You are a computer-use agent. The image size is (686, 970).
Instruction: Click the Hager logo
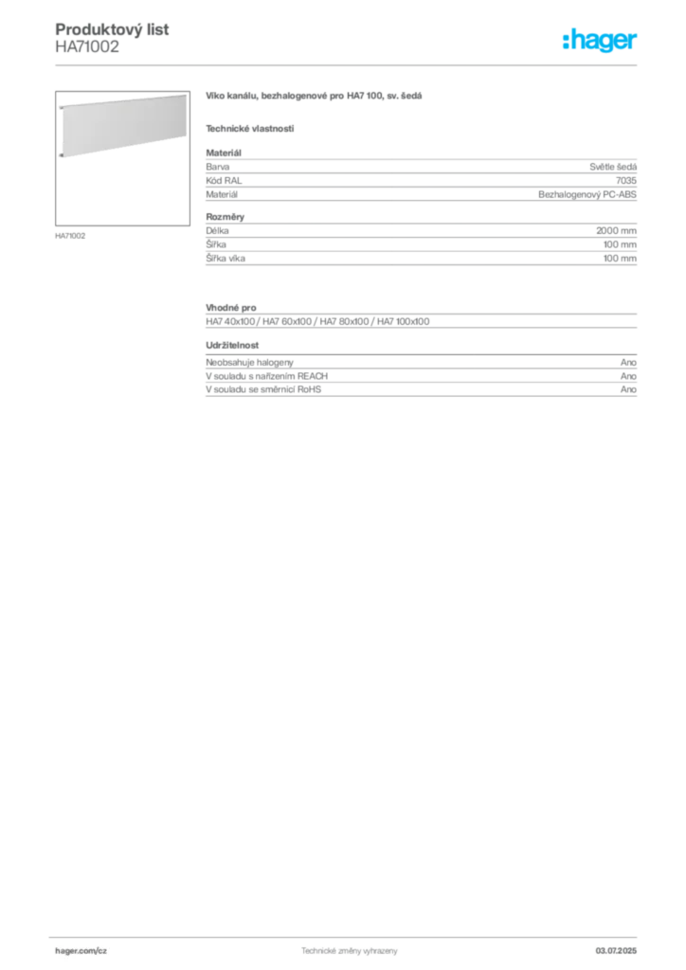pyautogui.click(x=600, y=40)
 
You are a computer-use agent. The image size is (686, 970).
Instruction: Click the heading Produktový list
pyautogui.click(x=112, y=29)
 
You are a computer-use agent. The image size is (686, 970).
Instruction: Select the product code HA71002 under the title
pyautogui.click(x=87, y=47)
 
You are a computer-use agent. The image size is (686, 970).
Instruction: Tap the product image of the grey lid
pyautogui.click(x=122, y=158)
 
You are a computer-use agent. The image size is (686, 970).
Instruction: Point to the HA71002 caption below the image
pyautogui.click(x=70, y=236)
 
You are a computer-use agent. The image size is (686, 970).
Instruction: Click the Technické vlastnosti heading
pyautogui.click(x=250, y=129)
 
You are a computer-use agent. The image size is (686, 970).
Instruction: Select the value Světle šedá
pyautogui.click(x=613, y=167)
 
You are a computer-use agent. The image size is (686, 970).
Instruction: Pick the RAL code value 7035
pyautogui.click(x=626, y=181)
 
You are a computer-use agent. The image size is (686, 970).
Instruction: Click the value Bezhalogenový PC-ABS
pyautogui.click(x=587, y=194)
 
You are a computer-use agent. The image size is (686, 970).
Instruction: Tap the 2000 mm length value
pyautogui.click(x=616, y=231)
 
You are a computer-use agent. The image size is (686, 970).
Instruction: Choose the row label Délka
pyautogui.click(x=217, y=231)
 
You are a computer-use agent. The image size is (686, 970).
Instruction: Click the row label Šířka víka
pyautogui.click(x=226, y=259)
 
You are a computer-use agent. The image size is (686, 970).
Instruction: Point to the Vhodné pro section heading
pyautogui.click(x=231, y=308)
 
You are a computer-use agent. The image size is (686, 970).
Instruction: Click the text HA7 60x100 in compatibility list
pyautogui.click(x=287, y=322)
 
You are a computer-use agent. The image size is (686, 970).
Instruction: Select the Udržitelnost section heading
pyautogui.click(x=232, y=345)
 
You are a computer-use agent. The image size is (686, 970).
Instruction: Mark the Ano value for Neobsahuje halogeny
pyautogui.click(x=628, y=363)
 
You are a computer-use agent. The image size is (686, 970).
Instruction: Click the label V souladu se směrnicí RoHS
pyautogui.click(x=263, y=389)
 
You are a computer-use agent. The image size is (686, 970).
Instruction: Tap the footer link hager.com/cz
pyautogui.click(x=81, y=951)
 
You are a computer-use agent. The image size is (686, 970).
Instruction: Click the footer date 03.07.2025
pyautogui.click(x=616, y=951)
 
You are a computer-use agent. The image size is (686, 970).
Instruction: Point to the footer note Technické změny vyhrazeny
pyautogui.click(x=350, y=951)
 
